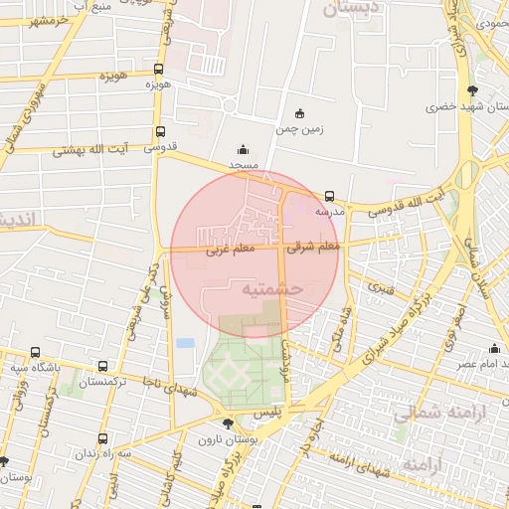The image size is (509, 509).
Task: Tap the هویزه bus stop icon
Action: tap(159, 70)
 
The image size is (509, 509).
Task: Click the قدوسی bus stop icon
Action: tap(160, 131)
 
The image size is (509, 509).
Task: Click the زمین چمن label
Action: tap(301, 128)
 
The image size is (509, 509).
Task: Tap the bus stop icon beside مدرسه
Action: tap(330, 196)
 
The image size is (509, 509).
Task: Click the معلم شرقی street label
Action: tap(314, 247)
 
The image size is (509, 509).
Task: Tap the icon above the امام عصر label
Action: tap(494, 348)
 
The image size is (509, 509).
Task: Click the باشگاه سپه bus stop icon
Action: tap(36, 352)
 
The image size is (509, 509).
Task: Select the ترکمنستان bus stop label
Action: tap(104, 382)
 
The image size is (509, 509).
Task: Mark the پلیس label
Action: tap(266, 409)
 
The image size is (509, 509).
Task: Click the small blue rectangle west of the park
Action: tap(185, 343)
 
